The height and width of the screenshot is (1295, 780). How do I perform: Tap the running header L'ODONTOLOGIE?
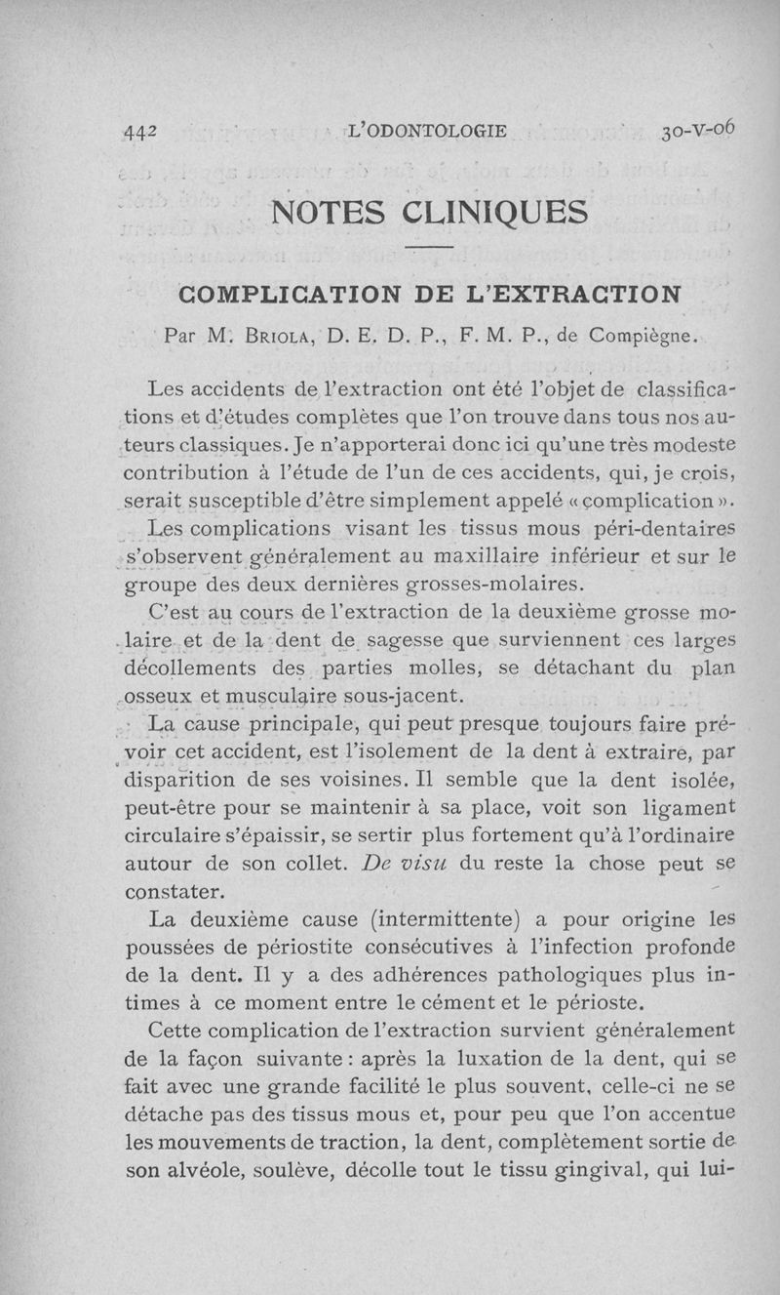click(427, 131)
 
